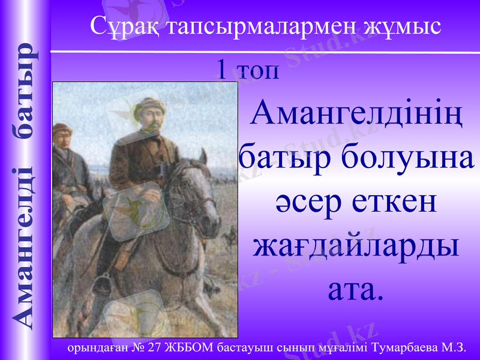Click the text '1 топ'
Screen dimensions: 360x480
pos(248,70)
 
